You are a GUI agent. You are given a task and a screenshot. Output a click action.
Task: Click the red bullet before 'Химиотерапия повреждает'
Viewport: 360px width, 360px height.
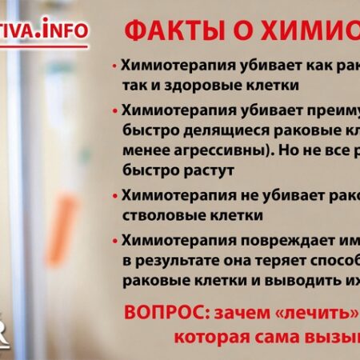click(116, 240)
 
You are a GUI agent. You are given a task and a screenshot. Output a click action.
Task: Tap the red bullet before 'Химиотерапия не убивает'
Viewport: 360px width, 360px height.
click(116, 194)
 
